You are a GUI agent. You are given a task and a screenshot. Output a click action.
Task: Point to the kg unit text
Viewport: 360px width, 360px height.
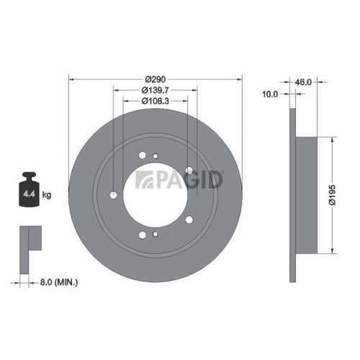tap(46, 195)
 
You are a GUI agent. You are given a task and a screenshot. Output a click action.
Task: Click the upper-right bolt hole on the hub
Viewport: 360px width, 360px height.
tap(189, 170)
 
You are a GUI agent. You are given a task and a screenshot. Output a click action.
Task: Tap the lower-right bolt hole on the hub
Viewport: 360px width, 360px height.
tap(188, 221)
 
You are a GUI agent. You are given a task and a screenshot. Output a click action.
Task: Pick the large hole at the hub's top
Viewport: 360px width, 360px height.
tap(143, 153)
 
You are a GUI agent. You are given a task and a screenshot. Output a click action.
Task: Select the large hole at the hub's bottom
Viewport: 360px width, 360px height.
tap(143, 234)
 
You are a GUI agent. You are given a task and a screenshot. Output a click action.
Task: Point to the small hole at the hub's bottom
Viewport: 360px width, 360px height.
tap(156, 235)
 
